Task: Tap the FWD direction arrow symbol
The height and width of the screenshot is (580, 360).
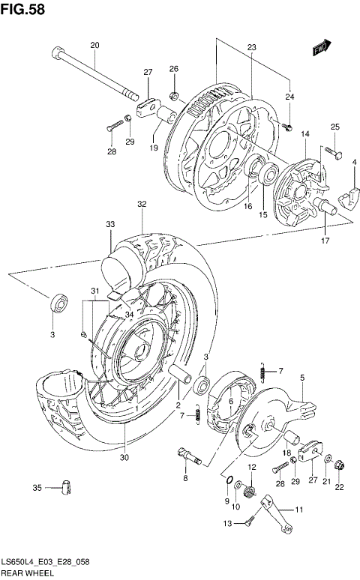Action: tap(322, 46)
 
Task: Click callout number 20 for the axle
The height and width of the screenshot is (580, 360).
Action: tap(94, 46)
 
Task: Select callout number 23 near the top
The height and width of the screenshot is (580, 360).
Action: tap(252, 47)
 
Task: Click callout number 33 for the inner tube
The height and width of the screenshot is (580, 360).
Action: tap(110, 223)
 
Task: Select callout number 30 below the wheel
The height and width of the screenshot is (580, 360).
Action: tap(124, 458)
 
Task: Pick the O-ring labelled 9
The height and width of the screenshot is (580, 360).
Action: tap(228, 480)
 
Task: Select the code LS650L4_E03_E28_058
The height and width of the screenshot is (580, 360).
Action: tap(49, 562)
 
